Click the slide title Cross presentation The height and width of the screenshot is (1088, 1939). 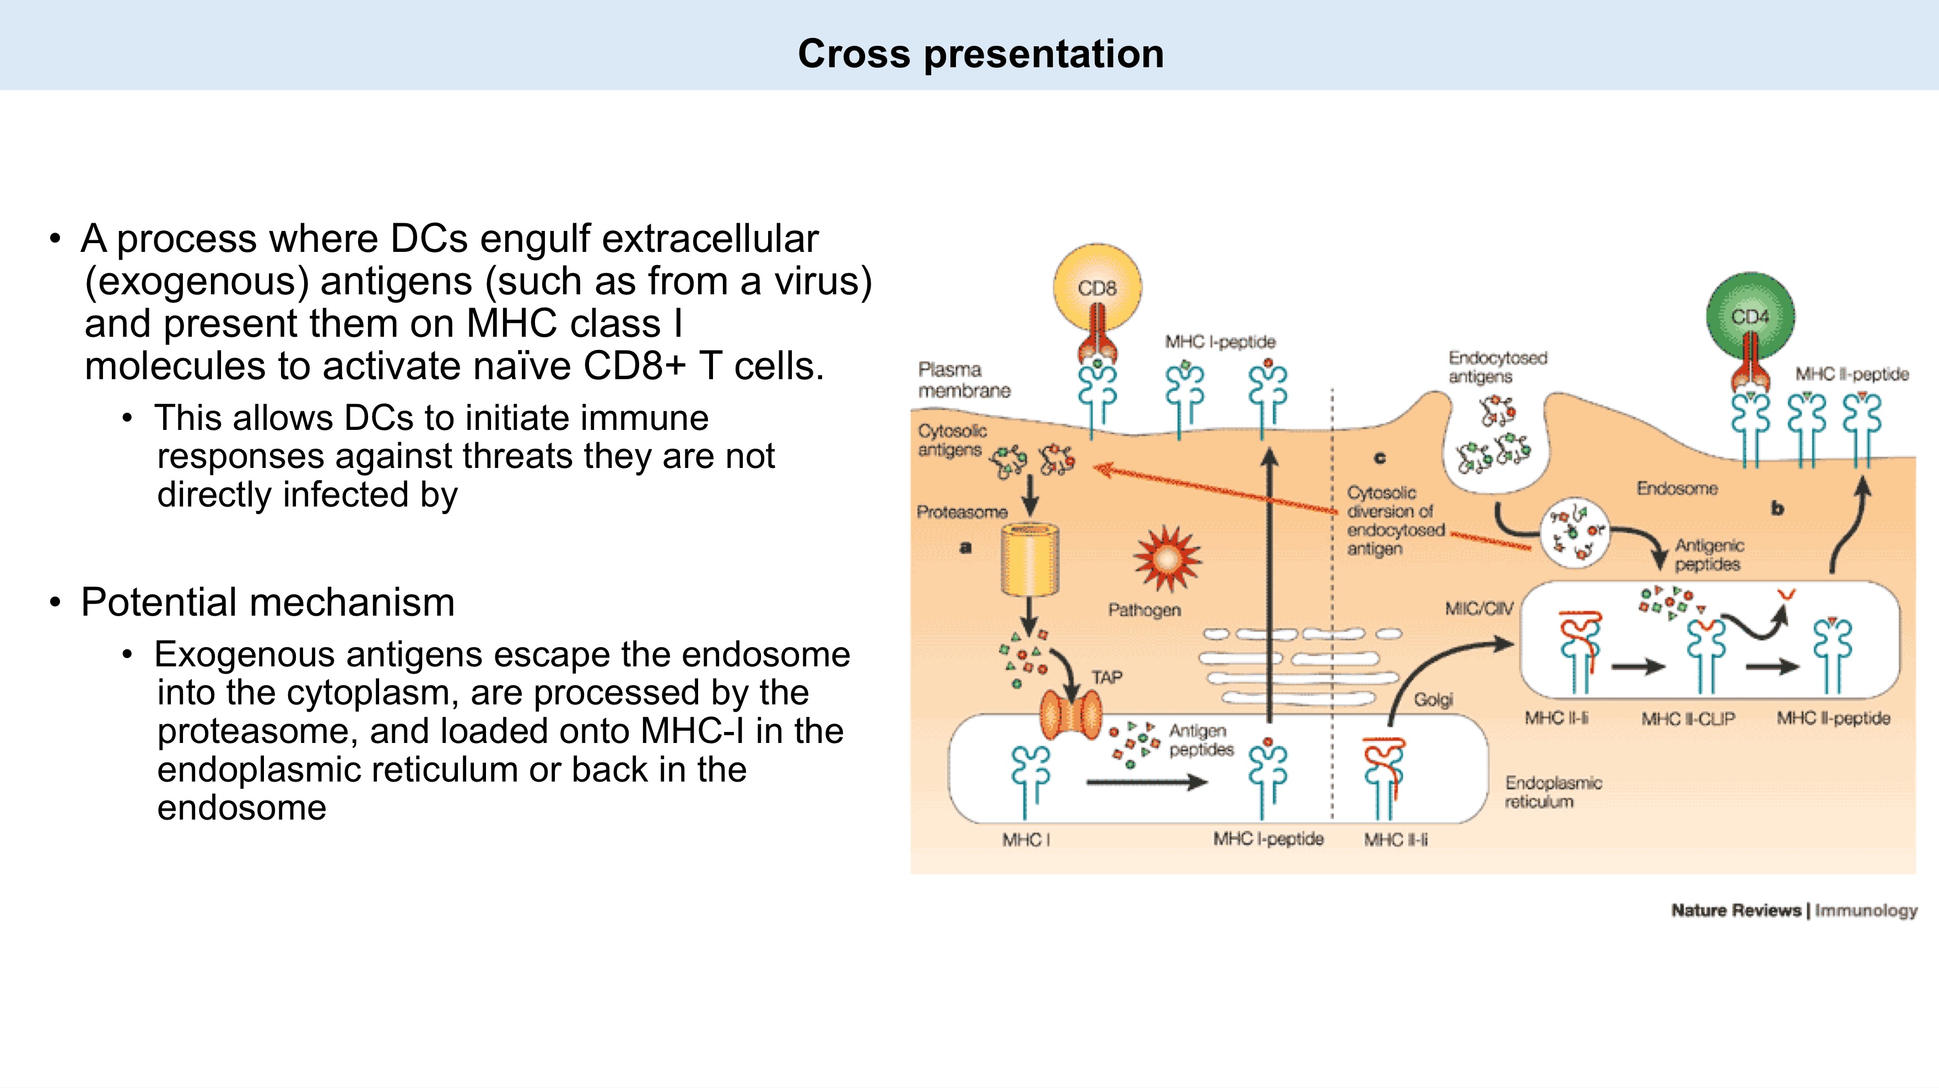coord(980,54)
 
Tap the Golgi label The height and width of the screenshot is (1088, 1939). coord(1433,699)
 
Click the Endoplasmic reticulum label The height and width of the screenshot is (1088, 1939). coord(1553,792)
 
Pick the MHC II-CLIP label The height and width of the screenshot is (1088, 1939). coord(1688,719)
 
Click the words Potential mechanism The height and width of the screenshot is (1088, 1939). coord(268,602)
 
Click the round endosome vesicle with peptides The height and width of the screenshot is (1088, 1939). coord(1575,533)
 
